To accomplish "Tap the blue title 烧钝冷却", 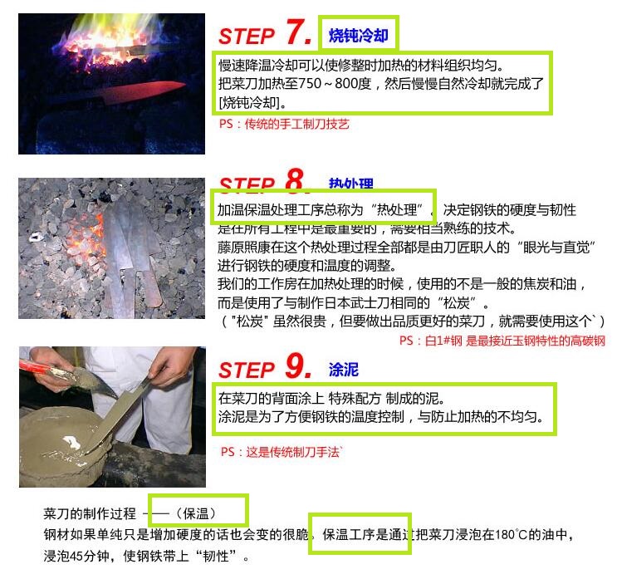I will (358, 36).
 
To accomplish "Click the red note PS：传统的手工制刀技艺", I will (284, 124).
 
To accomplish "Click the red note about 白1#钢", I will (502, 341).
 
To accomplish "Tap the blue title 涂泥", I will (343, 369).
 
